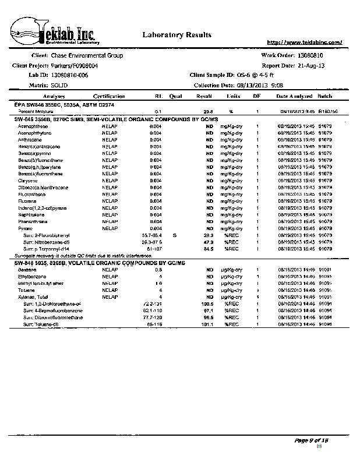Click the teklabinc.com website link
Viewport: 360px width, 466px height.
tap(303, 43)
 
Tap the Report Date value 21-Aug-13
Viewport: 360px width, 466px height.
tap(314, 65)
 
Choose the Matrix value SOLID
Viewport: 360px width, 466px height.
tap(63, 85)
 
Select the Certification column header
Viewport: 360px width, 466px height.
tap(109, 96)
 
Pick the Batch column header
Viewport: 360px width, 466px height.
tap(324, 96)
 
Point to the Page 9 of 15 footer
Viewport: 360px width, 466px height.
tap(312, 440)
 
